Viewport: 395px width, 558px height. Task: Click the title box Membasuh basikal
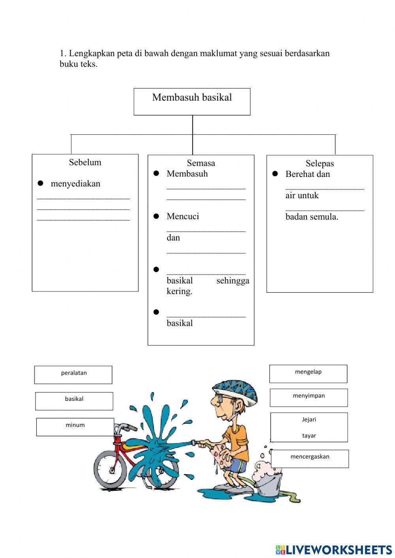point(192,101)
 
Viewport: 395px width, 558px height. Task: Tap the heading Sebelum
point(85,162)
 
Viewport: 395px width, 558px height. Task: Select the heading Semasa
point(201,163)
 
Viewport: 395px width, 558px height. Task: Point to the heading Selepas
point(320,163)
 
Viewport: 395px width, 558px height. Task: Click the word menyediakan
point(75,184)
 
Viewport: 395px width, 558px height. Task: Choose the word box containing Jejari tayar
point(309,427)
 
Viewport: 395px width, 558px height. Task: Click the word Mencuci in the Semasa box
point(183,216)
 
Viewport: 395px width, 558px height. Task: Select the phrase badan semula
point(312,217)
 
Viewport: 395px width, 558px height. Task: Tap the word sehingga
point(233,281)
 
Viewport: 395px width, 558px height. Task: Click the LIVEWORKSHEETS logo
point(333,550)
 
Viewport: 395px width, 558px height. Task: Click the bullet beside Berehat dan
point(275,174)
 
